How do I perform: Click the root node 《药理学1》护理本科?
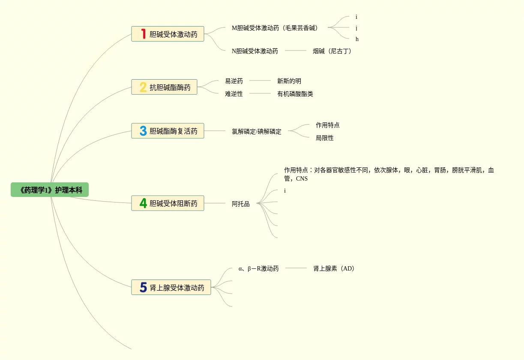click(50, 190)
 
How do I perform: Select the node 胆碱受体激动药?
click(173, 34)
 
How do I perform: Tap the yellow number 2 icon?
click(143, 87)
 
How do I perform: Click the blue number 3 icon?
click(143, 131)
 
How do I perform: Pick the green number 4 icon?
click(143, 203)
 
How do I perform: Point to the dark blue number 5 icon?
click(143, 287)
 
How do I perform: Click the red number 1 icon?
click(143, 34)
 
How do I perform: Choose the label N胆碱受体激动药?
click(255, 51)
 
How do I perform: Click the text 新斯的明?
click(289, 81)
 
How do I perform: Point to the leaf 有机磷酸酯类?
click(295, 94)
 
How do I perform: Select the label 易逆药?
click(234, 81)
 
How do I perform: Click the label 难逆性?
click(234, 94)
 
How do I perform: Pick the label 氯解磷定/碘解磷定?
click(256, 131)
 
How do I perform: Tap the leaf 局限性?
click(324, 138)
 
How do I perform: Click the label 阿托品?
click(240, 204)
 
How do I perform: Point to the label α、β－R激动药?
click(258, 268)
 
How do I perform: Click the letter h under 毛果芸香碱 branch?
click(357, 39)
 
